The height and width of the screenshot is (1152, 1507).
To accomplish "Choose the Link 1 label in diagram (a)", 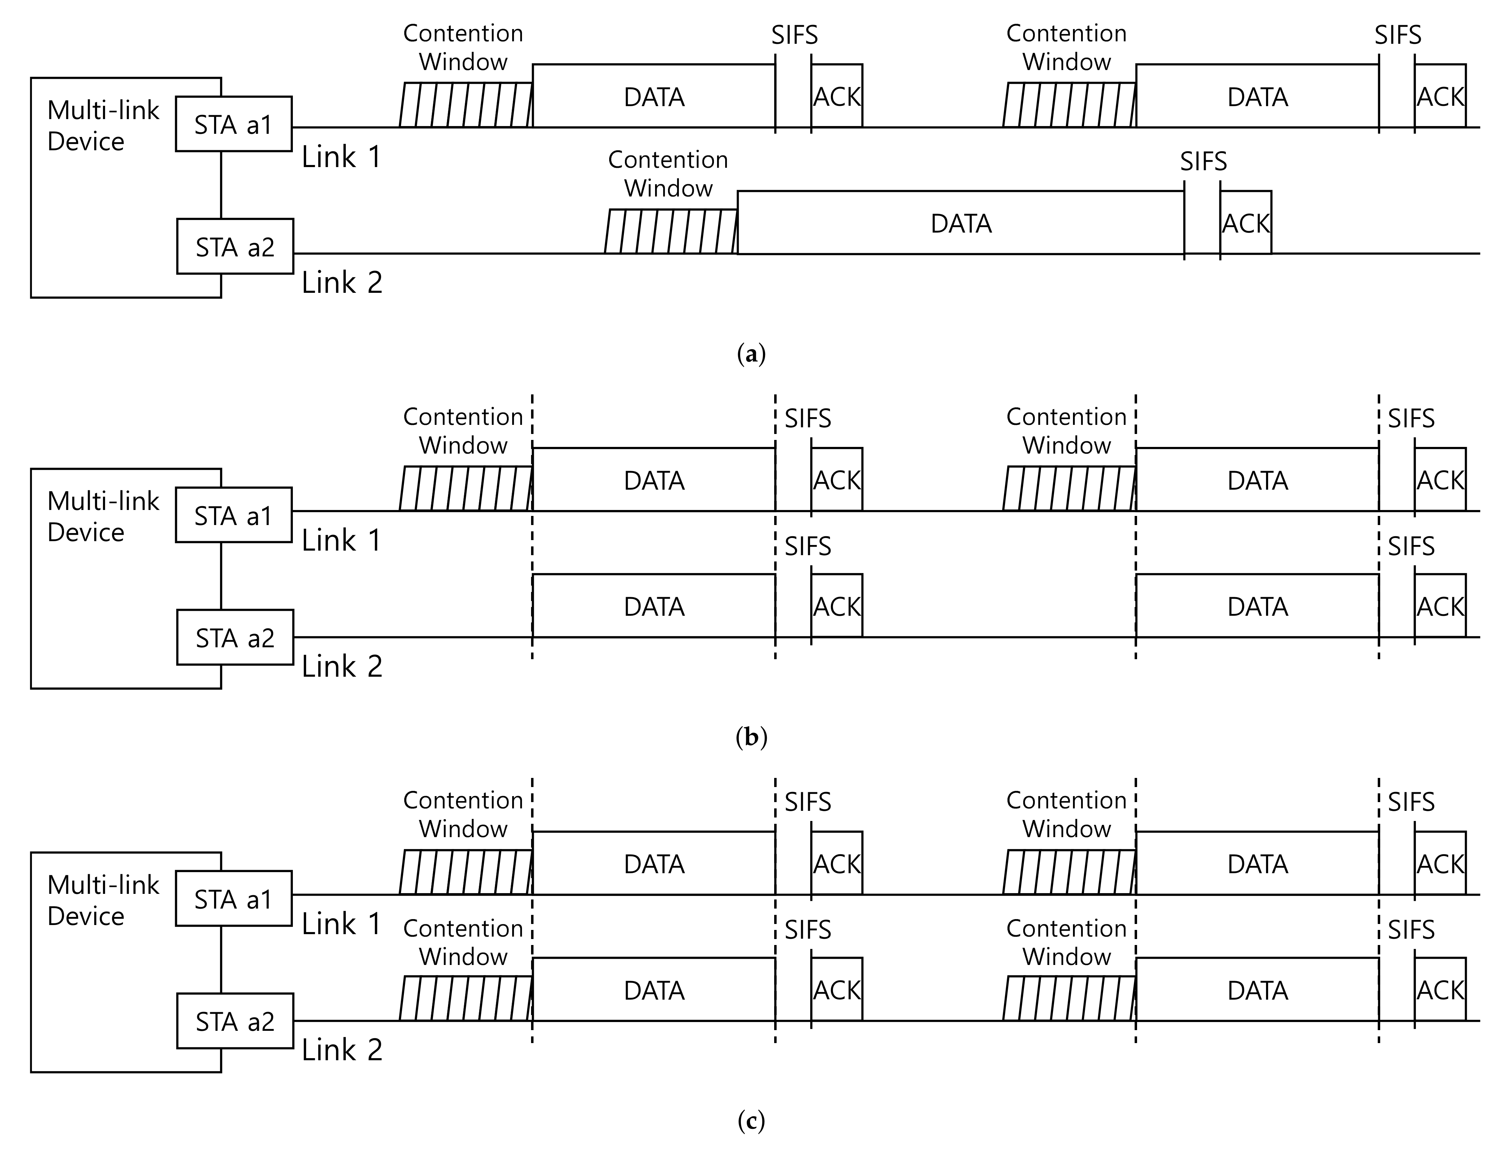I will click(341, 157).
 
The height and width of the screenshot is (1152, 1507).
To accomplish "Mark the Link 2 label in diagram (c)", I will click(342, 1050).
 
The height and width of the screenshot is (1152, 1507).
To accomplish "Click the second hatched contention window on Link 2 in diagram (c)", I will click(1069, 998).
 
